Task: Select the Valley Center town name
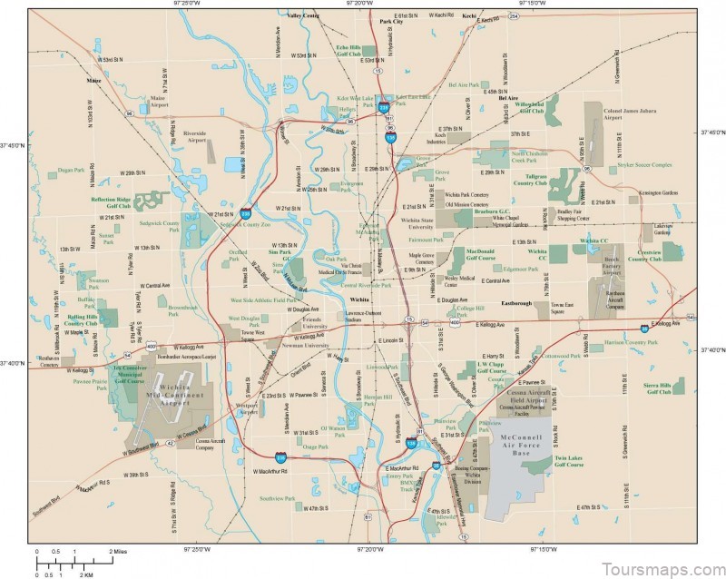[x=304, y=16]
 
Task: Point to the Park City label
[x=391, y=21]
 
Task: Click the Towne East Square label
[x=563, y=309]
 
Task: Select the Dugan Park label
[x=70, y=170]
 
